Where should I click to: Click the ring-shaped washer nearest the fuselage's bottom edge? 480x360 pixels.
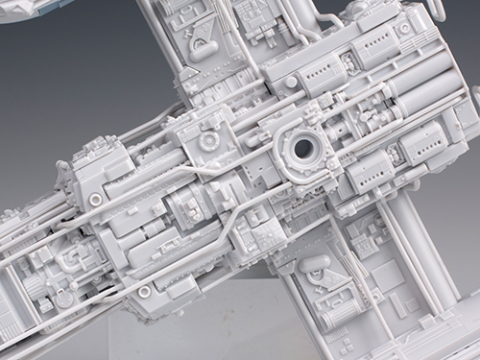(x=143, y=289)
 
